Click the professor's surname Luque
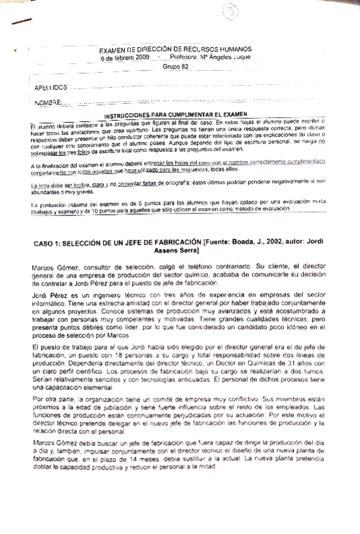pyautogui.click(x=239, y=57)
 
